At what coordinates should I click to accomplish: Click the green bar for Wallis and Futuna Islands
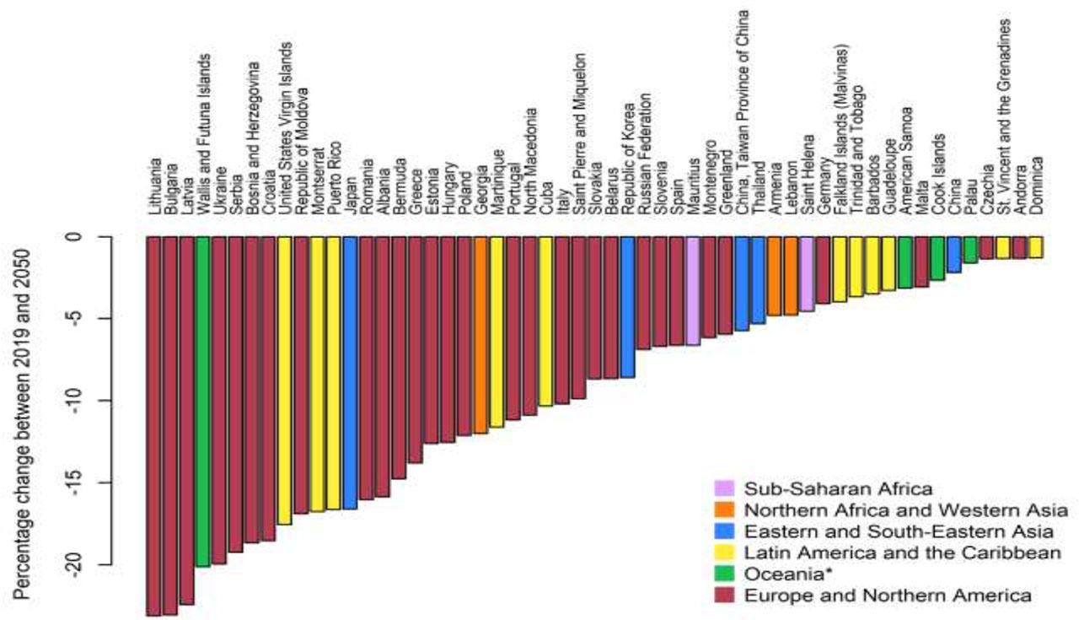pos(202,401)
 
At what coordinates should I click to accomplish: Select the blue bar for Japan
pos(350,372)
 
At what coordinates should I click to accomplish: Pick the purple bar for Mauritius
pos(693,290)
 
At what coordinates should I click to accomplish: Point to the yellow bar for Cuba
pos(545,321)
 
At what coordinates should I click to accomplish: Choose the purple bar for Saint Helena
pos(807,273)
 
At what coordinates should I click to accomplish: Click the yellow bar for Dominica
pos(1035,246)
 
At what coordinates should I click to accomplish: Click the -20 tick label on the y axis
pos(77,565)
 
